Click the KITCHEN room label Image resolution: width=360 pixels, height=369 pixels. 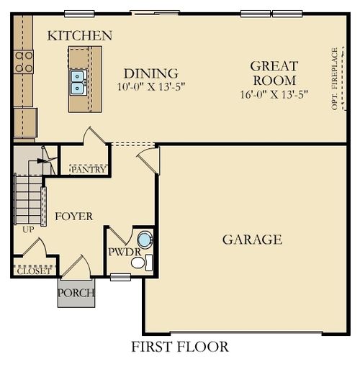(x=79, y=35)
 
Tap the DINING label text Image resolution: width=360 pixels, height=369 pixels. (x=150, y=73)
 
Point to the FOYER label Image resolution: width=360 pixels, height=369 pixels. (x=73, y=216)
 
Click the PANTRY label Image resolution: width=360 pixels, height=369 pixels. (x=89, y=170)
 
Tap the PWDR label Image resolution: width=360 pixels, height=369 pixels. (x=120, y=252)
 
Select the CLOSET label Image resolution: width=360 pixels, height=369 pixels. (x=34, y=271)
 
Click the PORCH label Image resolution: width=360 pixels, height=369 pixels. (x=76, y=293)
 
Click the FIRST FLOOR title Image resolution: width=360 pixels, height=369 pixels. (x=179, y=347)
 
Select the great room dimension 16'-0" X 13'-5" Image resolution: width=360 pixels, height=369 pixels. (x=274, y=94)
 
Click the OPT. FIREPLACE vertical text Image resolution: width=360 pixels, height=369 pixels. (x=334, y=78)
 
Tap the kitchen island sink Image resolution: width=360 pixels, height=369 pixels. (x=78, y=82)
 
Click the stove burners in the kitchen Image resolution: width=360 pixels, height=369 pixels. (x=24, y=62)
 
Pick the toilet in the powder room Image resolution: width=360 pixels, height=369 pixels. (x=140, y=263)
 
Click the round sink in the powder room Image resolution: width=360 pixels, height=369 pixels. (x=145, y=240)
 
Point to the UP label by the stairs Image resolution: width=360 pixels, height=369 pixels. (x=28, y=229)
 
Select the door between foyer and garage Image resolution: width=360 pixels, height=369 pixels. (x=150, y=160)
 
